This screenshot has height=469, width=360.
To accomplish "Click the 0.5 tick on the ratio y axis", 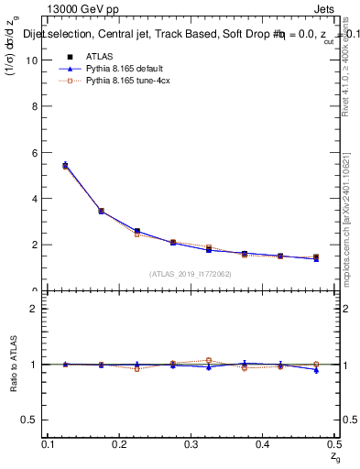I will pyautogui.click(x=31, y=420).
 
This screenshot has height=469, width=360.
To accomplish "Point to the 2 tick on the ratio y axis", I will pyautogui.click(x=35, y=309).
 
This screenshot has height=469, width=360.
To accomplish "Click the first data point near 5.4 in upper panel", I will pyautogui.click(x=65, y=166).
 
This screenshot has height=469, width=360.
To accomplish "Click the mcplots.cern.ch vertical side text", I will pyautogui.click(x=346, y=220).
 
